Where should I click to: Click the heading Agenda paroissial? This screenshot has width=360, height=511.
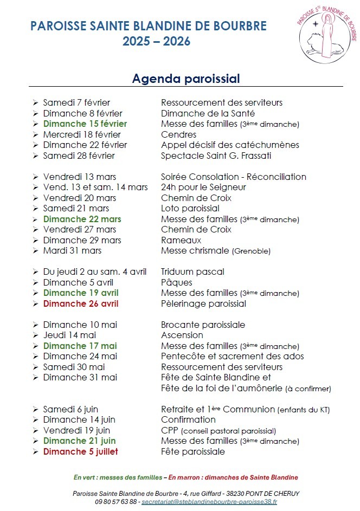[186, 79]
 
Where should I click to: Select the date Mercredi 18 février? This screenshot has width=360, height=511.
[82, 134]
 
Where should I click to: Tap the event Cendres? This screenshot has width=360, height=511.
[178, 134]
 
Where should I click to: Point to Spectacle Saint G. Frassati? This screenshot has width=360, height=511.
[216, 156]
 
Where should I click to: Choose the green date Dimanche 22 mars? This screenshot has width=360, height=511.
[82, 219]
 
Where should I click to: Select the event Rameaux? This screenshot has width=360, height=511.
[181, 240]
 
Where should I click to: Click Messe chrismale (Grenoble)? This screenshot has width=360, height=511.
[215, 251]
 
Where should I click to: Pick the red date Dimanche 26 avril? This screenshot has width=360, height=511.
[81, 303]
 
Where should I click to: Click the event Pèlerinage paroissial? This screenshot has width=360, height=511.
[203, 303]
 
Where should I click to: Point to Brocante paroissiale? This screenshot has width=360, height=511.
[203, 325]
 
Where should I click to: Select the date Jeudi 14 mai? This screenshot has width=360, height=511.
[69, 335]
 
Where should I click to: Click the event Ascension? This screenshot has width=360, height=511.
[182, 335]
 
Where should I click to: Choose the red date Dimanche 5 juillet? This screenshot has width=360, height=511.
[80, 451]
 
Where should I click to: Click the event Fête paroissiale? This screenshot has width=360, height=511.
[192, 451]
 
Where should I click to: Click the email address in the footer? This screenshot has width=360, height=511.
[209, 502]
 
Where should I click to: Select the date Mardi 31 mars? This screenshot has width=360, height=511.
[72, 251]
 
